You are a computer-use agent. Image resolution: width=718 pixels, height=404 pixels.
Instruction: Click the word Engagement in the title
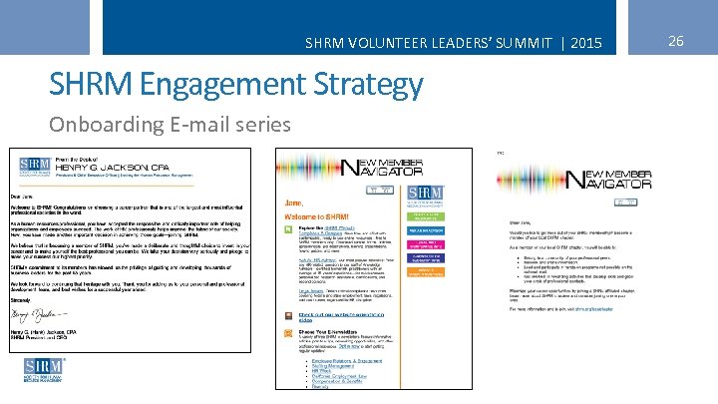(210, 85)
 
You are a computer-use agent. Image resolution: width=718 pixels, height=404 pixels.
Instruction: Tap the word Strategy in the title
(363, 85)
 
